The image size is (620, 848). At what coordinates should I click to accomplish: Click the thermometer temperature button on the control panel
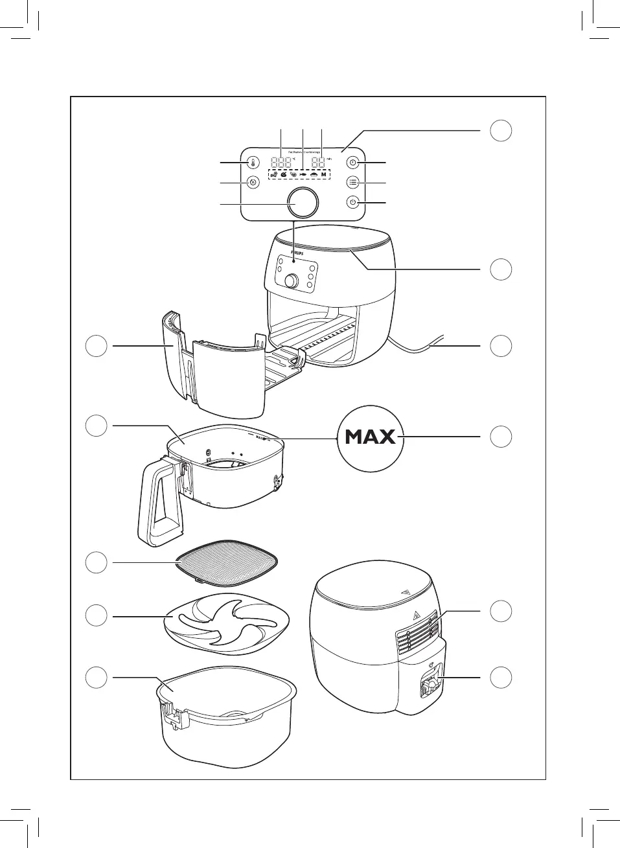253,163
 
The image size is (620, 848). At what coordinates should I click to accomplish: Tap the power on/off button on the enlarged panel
352,202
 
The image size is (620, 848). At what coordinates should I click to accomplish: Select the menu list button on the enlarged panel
352,182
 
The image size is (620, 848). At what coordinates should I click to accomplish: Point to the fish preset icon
303,175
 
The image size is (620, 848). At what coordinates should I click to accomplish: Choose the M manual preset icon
323,175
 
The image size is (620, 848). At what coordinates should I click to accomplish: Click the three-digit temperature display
281,163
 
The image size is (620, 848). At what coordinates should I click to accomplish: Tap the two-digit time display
317,163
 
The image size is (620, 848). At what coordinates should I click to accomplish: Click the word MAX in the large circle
371,437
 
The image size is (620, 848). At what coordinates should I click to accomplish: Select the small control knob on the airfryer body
292,281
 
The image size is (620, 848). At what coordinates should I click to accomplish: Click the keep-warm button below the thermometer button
253,182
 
